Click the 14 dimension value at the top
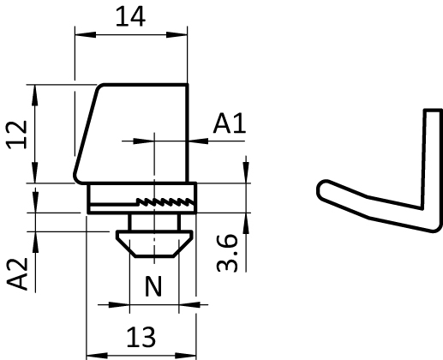[x=130, y=16]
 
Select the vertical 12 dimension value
[x=17, y=135]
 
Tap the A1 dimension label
[x=230, y=123]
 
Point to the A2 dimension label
[x=17, y=274]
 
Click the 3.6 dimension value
[x=227, y=254]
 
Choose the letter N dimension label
[x=153, y=286]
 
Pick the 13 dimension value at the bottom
[x=141, y=337]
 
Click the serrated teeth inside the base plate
[x=165, y=201]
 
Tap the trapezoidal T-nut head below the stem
[x=154, y=243]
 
